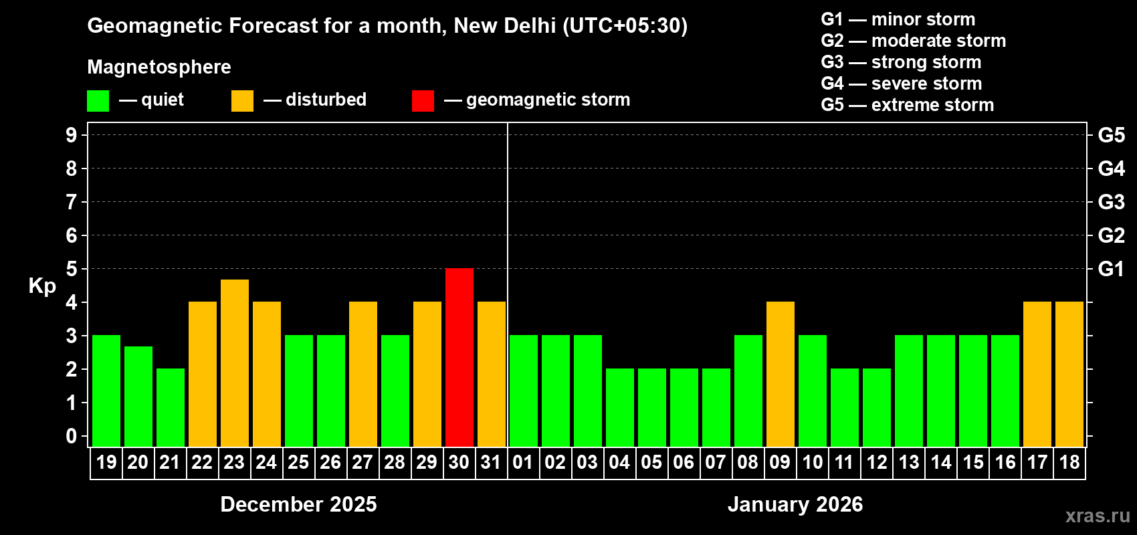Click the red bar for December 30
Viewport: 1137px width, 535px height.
pyautogui.click(x=459, y=357)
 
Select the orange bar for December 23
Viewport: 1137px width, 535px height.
pyautogui.click(x=235, y=362)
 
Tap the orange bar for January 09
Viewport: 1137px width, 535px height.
pyautogui.click(x=781, y=374)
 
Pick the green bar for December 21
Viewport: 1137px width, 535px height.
pyautogui.click(x=171, y=407)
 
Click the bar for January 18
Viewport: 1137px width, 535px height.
pyautogui.click(x=1069, y=374)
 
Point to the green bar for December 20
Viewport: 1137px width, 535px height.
pyautogui.click(x=138, y=396)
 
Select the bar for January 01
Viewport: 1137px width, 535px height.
pyautogui.click(x=524, y=391)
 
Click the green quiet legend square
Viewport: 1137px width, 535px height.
pyautogui.click(x=98, y=101)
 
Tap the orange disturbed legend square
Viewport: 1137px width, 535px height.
pyautogui.click(x=242, y=101)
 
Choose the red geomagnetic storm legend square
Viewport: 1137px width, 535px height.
pyautogui.click(x=423, y=101)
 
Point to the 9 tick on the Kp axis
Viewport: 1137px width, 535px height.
pyautogui.click(x=72, y=135)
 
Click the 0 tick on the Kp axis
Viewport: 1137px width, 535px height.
pyautogui.click(x=72, y=436)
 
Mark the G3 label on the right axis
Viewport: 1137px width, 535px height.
pyautogui.click(x=1111, y=202)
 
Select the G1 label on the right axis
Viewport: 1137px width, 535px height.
pyautogui.click(x=1111, y=269)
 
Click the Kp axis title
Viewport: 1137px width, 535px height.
pyautogui.click(x=42, y=286)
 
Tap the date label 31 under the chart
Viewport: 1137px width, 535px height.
pyautogui.click(x=491, y=462)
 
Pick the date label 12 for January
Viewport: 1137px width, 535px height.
pyautogui.click(x=876, y=462)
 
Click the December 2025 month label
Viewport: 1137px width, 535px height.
pyautogui.click(x=298, y=504)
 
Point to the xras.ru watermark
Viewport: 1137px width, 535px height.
pyautogui.click(x=1097, y=516)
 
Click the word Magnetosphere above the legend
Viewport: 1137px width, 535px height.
pyautogui.click(x=159, y=67)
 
